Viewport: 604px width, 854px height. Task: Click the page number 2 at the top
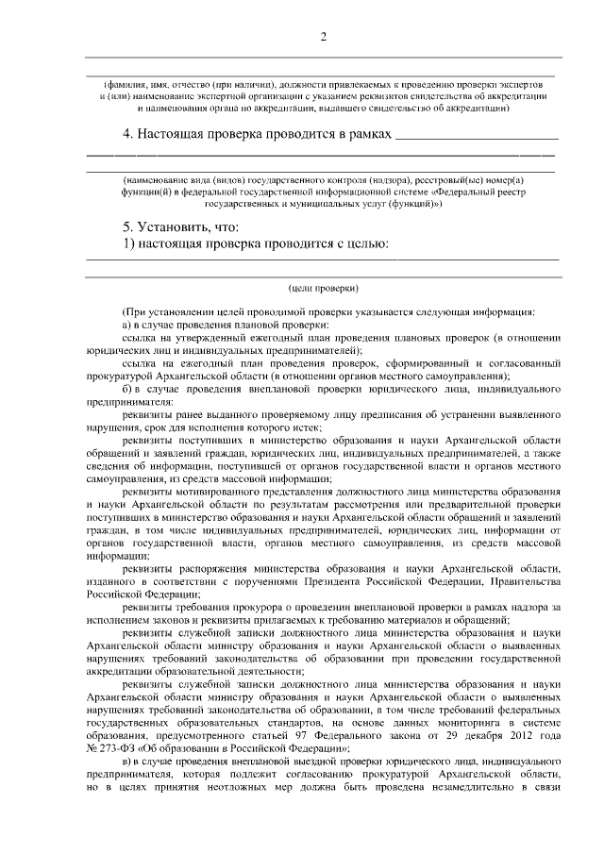coord(323,37)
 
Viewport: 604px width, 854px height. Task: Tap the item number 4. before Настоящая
coord(129,135)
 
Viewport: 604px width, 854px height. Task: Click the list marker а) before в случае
coord(129,325)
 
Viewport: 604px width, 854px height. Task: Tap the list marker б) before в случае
coord(129,385)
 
